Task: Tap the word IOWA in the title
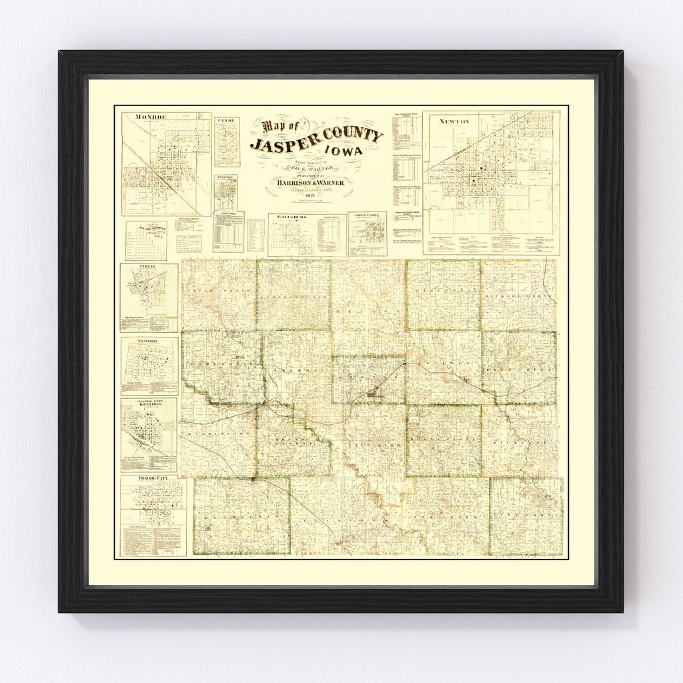[x=362, y=152]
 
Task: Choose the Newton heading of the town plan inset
[x=454, y=121]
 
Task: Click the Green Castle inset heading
[x=368, y=215]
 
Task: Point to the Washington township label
[x=217, y=434]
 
